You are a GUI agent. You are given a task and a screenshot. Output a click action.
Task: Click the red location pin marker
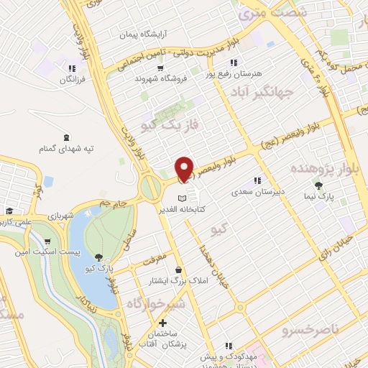coord(185,169)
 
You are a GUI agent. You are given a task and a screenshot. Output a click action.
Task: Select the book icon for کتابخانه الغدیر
coord(183,198)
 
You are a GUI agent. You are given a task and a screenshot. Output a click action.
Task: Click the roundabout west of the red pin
coord(151,188)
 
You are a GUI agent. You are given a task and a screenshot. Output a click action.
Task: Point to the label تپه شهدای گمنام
coord(67,148)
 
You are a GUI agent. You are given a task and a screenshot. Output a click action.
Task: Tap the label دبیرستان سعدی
coord(257,192)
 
